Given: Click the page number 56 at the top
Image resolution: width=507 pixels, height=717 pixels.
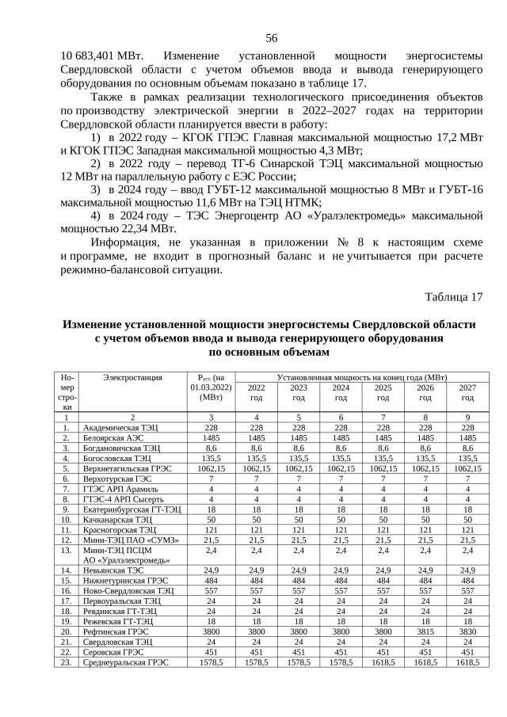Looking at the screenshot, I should click(x=271, y=38).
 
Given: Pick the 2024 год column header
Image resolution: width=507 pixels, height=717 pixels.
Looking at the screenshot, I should click(x=341, y=392).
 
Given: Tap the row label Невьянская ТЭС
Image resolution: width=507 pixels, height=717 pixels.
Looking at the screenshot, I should click(x=116, y=569).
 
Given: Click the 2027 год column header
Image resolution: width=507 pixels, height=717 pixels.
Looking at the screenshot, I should click(x=467, y=392).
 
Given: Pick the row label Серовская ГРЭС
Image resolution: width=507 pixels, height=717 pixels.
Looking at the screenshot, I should click(x=112, y=651).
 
